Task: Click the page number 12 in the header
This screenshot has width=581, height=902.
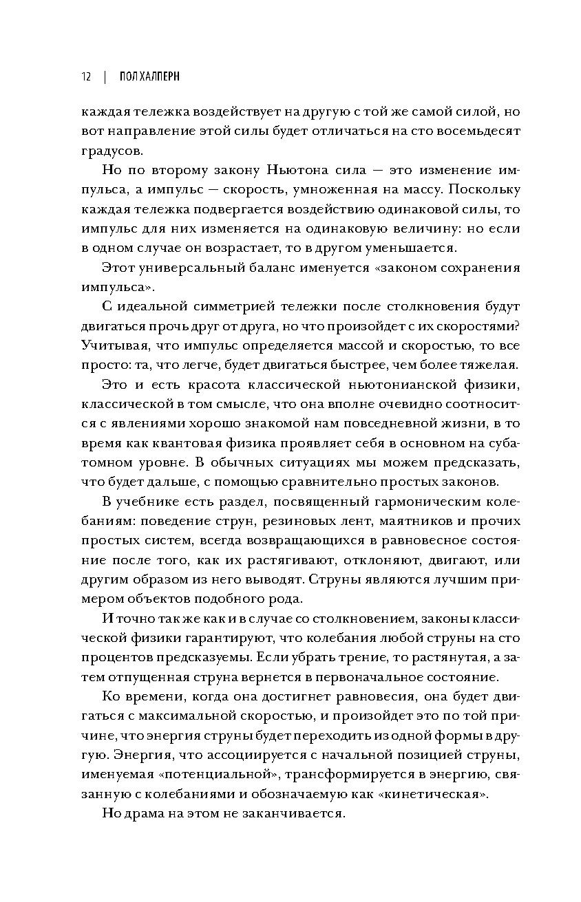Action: tap(86, 76)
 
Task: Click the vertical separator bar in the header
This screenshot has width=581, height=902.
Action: tap(105, 76)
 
